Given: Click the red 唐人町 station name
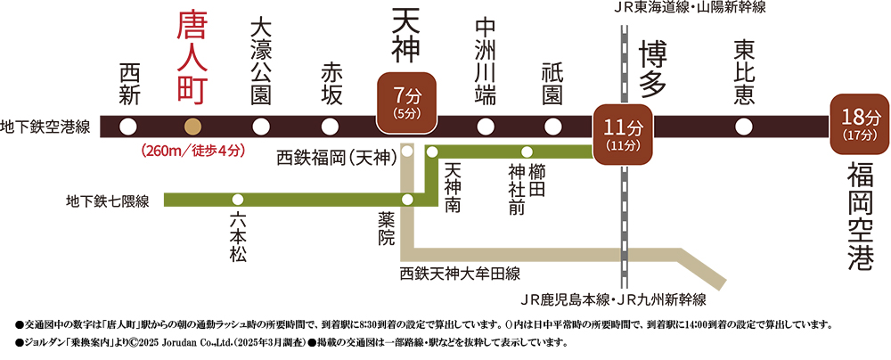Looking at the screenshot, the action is point(193,58).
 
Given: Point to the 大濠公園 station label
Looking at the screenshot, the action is point(261,62).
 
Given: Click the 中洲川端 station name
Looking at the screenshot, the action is point(486,62).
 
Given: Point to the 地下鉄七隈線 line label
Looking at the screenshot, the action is point(108,200).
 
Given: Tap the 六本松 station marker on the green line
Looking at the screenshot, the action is point(238,200).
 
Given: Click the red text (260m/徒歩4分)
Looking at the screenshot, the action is point(192,151).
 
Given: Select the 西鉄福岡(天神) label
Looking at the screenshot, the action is point(337,158).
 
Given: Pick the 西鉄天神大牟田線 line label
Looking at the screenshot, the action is point(459,274).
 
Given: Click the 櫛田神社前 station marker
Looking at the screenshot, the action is point(527,151).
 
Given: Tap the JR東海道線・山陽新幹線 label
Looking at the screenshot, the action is point(683,9).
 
